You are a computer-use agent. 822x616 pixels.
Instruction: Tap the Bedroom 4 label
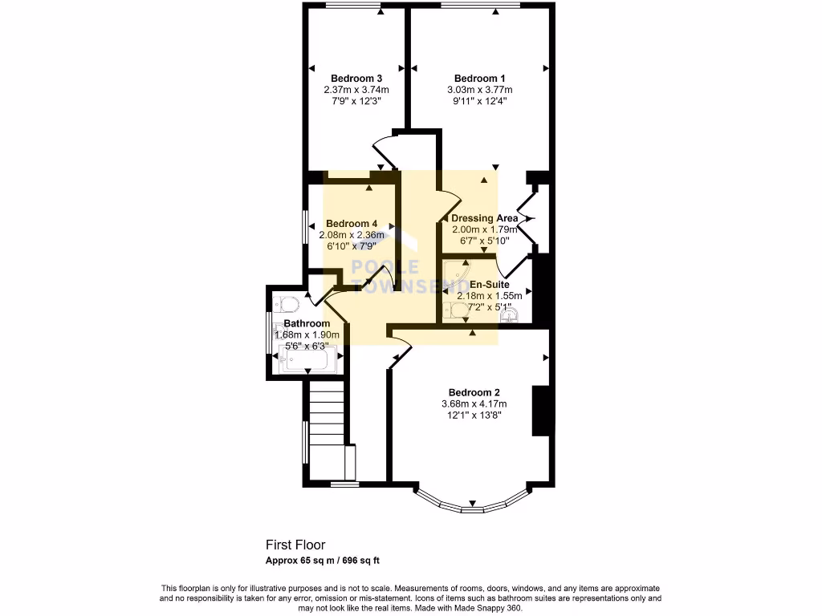[x=352, y=224]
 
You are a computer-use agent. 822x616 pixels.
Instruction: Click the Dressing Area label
[x=484, y=218]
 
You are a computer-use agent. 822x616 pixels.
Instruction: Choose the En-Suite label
[x=489, y=284]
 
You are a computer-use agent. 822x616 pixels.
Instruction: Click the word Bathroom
[x=307, y=324]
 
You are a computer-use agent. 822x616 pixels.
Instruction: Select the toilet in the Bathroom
[x=285, y=303]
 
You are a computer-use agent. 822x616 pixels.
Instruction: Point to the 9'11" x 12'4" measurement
[x=479, y=101]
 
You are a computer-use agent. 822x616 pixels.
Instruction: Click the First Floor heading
[x=295, y=545]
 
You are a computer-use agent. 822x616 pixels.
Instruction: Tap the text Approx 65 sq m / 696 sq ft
[x=328, y=561]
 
